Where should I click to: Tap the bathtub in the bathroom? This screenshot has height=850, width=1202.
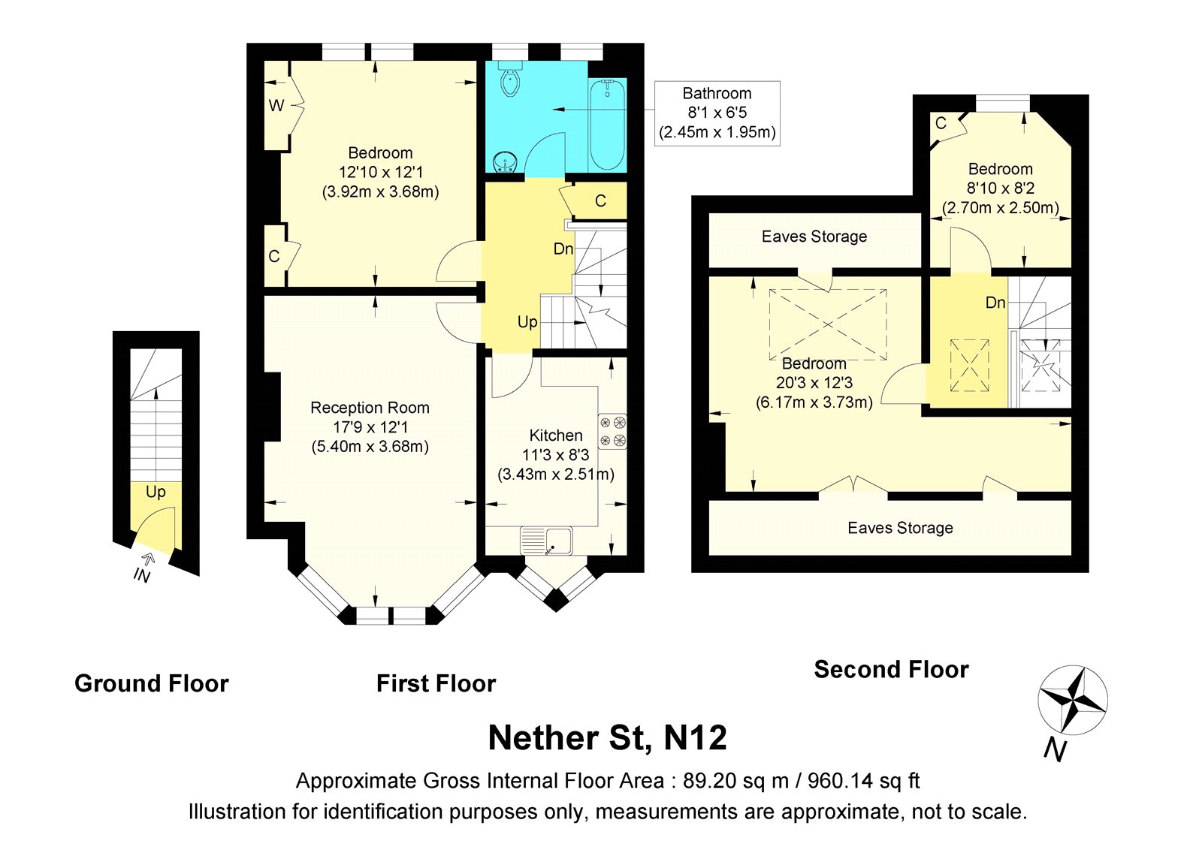point(607,125)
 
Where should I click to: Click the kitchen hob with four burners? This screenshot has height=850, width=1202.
point(612,431)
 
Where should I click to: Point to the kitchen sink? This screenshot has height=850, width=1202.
point(546,540)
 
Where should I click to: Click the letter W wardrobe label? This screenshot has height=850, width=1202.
point(276,106)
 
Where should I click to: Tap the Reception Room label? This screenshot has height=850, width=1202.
point(370,408)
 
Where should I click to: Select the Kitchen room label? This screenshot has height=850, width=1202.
point(555,436)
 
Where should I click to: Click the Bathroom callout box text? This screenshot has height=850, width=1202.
point(717,113)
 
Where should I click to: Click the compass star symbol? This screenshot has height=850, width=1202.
point(1072,700)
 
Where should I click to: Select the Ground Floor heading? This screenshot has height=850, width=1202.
point(151,683)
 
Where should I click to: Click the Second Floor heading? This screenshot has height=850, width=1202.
point(891,669)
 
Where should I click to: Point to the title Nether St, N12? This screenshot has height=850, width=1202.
point(607,737)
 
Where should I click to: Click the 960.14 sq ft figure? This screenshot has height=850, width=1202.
point(863,781)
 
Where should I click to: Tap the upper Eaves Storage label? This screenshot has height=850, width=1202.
point(814,237)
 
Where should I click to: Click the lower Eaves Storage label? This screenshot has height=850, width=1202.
point(900,528)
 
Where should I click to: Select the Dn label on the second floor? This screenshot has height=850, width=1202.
point(995,303)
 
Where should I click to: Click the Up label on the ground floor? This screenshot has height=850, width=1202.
point(156,492)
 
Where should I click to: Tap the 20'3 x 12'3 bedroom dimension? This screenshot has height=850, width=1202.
point(814,383)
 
